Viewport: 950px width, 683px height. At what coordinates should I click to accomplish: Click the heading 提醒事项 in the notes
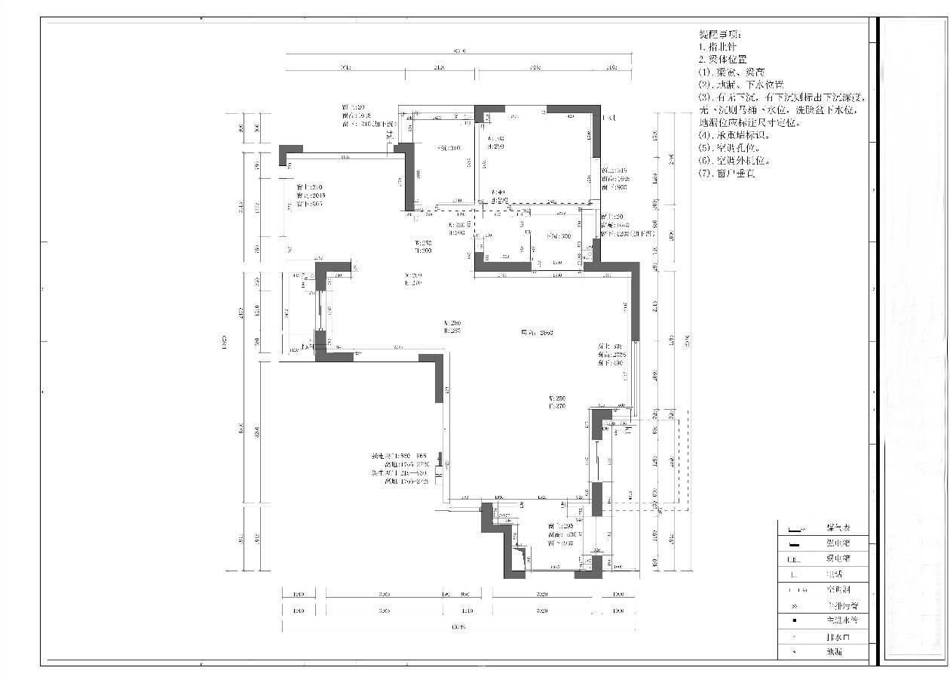pos(720,35)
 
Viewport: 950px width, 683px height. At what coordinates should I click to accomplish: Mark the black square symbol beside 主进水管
pos(795,620)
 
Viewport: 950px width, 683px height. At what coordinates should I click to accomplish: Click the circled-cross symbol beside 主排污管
pos(795,605)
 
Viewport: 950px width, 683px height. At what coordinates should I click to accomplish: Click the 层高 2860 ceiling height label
pos(537,332)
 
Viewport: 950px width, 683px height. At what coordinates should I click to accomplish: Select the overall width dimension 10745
pos(458,626)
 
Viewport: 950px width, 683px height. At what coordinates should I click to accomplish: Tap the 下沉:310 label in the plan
pos(449,149)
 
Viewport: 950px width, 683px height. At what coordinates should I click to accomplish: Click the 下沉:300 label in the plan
pos(559,236)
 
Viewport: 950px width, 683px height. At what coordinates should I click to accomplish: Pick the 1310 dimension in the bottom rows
pos(467,610)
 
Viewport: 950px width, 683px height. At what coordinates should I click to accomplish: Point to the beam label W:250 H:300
pos(422,247)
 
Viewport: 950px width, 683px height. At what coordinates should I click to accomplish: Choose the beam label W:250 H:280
pos(452,327)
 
